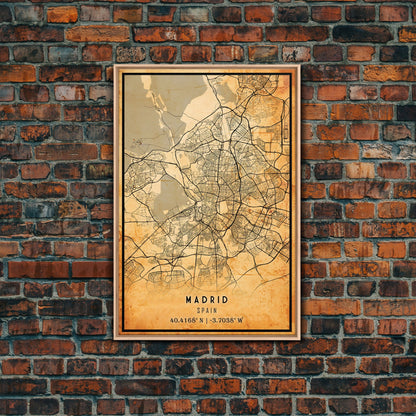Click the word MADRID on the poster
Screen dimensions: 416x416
click(207, 299)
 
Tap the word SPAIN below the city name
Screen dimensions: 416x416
click(207, 310)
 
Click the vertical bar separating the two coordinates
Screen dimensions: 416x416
click(207, 321)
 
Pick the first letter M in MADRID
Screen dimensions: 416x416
click(188, 299)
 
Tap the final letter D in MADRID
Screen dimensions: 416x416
click(226, 299)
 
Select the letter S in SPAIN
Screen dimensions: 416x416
click(199, 310)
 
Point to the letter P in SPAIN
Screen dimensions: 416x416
click(203, 310)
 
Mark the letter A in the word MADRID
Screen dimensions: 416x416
click(196, 299)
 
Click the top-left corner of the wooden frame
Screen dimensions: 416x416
click(115, 67)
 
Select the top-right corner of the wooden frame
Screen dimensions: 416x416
click(299, 67)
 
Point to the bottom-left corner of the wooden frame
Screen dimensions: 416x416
click(115, 338)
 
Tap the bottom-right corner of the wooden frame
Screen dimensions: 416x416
click(299, 338)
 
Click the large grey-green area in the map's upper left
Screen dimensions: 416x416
click(150, 110)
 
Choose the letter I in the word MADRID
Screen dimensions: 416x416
click(218, 299)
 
